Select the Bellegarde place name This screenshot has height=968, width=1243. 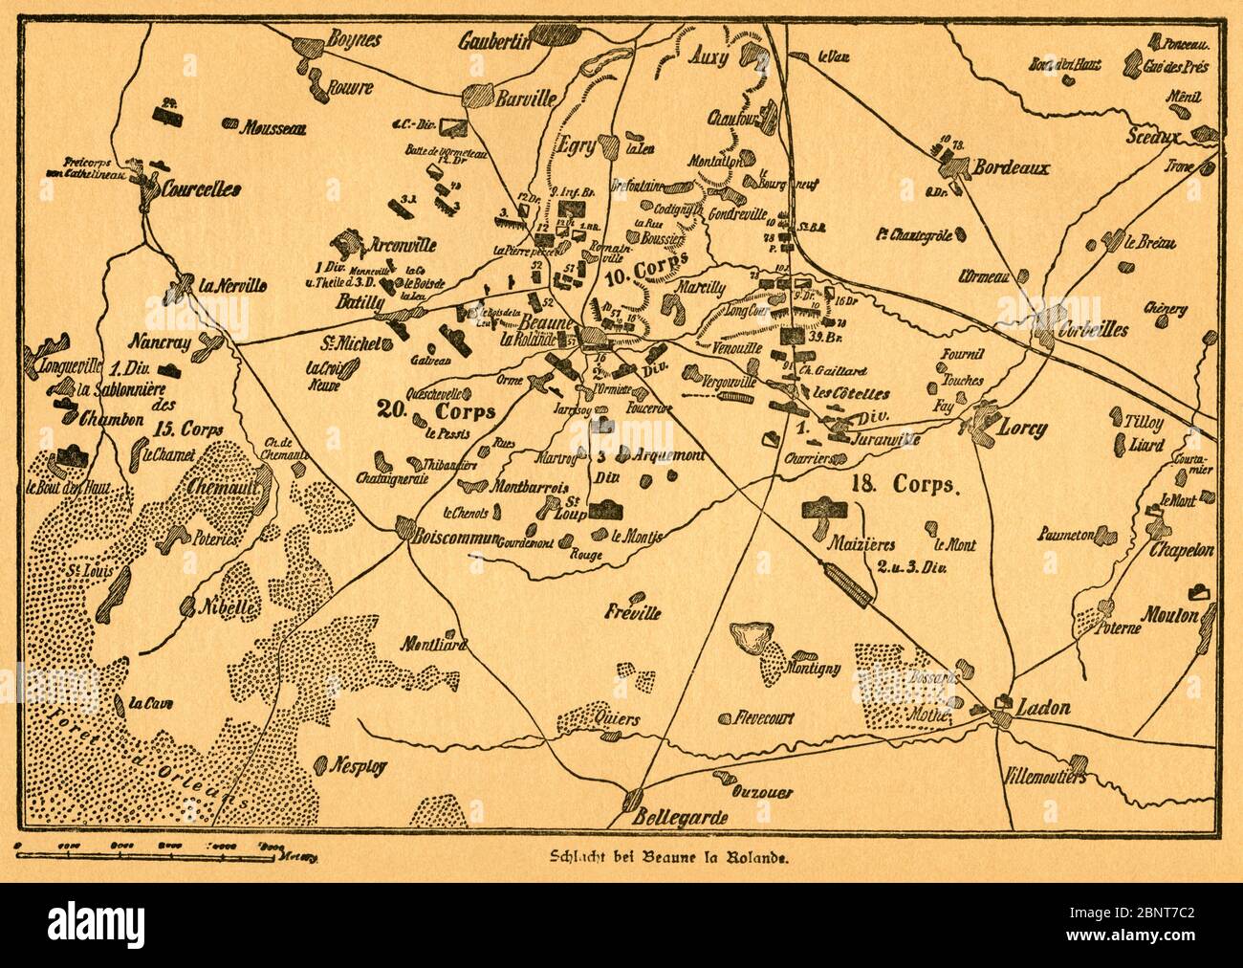[x=680, y=818]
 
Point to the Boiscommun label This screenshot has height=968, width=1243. [x=455, y=539]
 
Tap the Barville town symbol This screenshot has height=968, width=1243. [x=476, y=98]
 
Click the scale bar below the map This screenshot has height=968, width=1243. [x=153, y=847]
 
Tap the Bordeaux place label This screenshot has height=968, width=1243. [x=1010, y=168]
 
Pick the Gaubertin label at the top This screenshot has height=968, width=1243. [x=493, y=42]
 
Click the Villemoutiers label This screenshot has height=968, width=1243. [x=1046, y=777]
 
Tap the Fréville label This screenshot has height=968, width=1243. [x=633, y=613]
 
